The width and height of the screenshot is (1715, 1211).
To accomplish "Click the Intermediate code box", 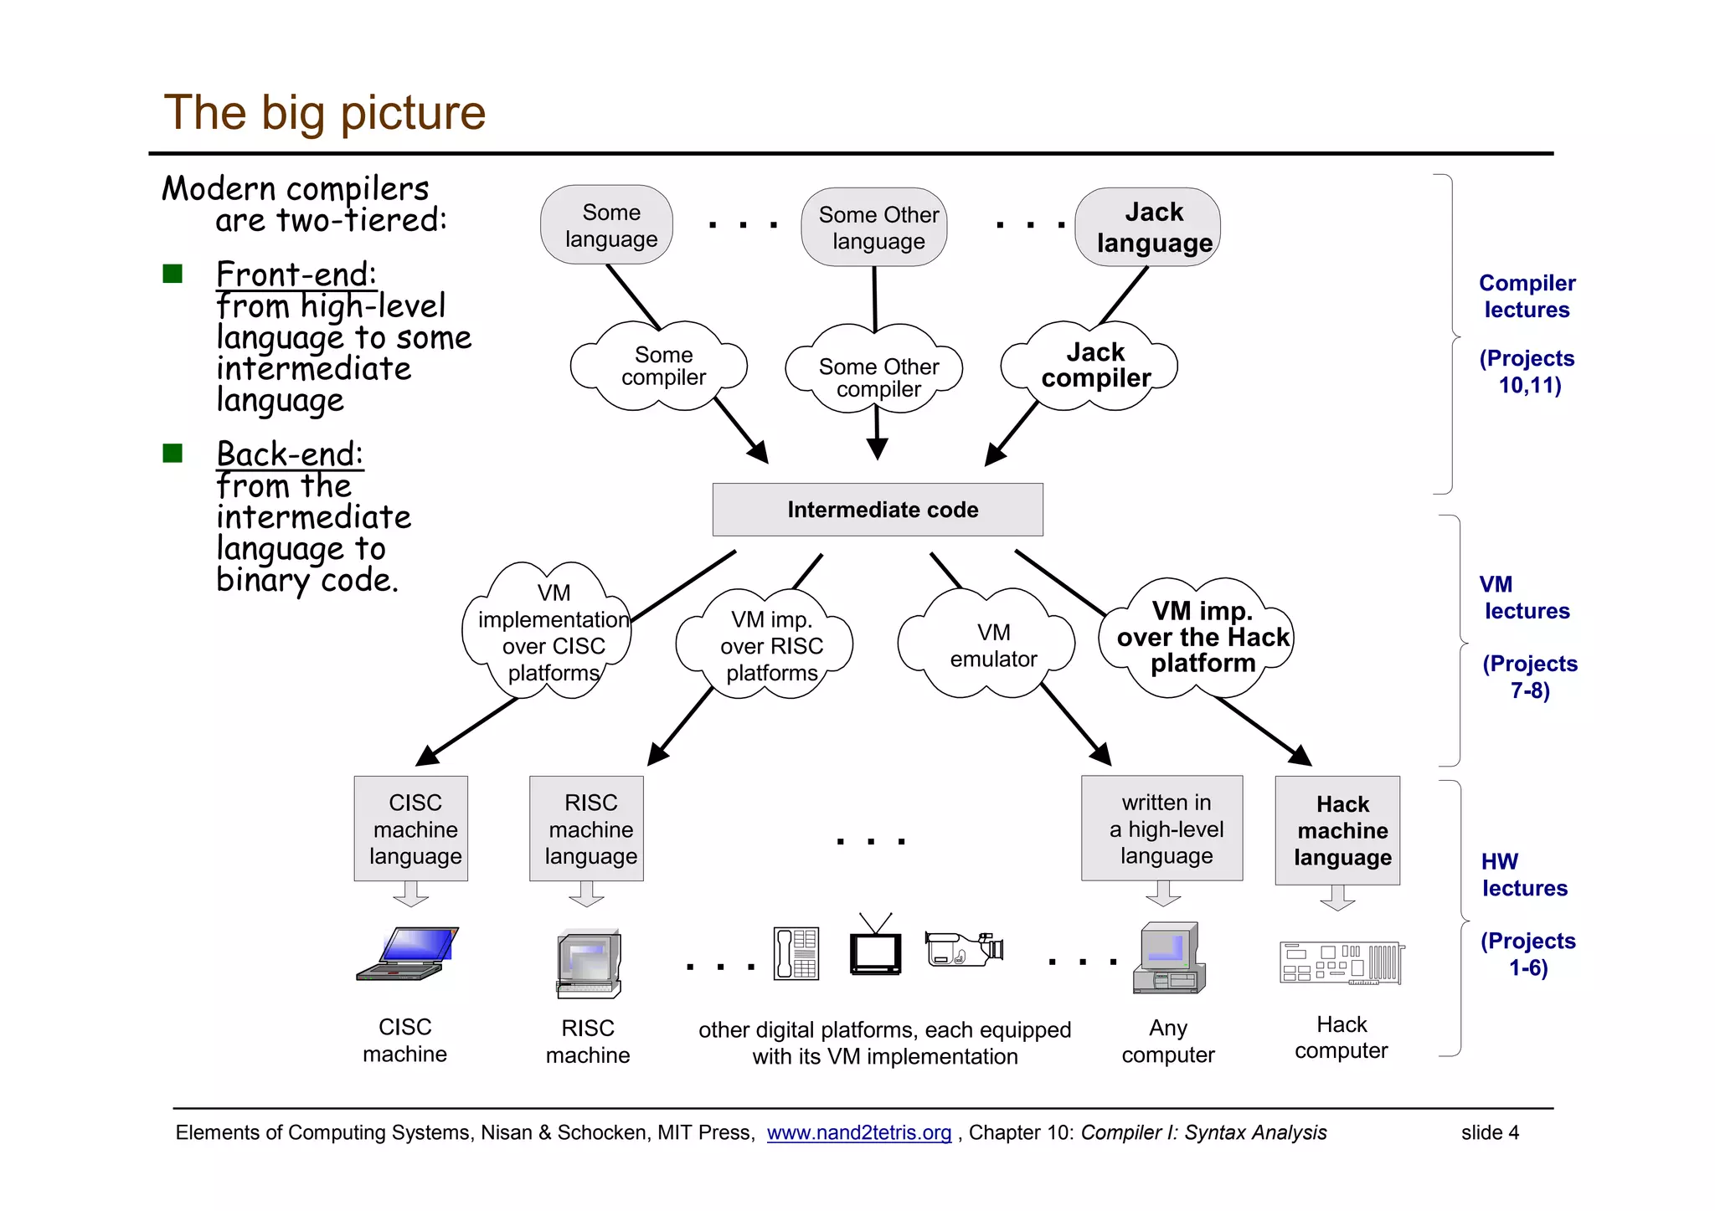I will click(x=877, y=509).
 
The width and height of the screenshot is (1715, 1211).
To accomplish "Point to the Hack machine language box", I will click(x=1337, y=829).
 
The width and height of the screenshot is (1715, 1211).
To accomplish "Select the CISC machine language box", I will click(x=411, y=828).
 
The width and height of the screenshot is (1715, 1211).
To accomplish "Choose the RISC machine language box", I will click(x=586, y=828).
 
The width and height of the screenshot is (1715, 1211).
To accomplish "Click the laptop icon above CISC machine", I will click(x=408, y=953).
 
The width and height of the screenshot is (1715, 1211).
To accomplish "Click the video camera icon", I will click(x=963, y=949).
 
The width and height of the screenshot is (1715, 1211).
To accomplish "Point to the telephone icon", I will click(x=796, y=953).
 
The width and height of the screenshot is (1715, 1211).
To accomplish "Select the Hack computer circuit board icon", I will click(x=1342, y=963).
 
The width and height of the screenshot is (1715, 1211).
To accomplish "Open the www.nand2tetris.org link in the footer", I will click(x=858, y=1132).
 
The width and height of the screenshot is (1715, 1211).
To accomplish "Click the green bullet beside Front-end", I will click(x=173, y=274).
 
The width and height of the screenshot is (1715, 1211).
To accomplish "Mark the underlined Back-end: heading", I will click(x=290, y=454).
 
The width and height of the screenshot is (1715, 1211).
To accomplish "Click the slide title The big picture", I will click(x=324, y=112).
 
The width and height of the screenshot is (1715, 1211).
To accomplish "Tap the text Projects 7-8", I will click(x=1529, y=676).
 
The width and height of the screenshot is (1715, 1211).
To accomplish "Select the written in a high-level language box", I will click(x=1161, y=828).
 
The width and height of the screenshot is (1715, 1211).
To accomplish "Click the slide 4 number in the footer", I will click(x=1489, y=1132).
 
